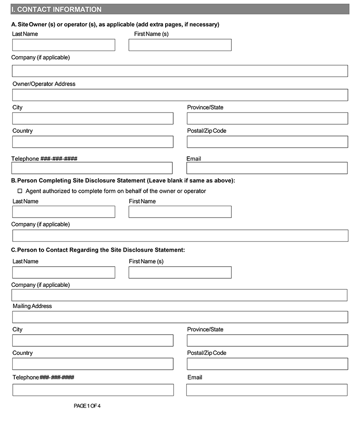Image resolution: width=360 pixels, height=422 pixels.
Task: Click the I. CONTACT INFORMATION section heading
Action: tap(57, 9)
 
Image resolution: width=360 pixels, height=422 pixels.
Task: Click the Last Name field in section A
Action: tap(63, 45)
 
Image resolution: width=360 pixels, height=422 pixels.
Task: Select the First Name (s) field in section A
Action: tap(180, 45)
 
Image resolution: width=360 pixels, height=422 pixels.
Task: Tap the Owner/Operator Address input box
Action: tap(180, 95)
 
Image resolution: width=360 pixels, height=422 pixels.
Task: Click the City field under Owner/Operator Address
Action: tap(93, 118)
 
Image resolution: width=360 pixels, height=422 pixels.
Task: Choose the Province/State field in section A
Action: tap(267, 118)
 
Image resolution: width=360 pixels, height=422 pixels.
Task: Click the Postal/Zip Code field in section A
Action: tap(267, 142)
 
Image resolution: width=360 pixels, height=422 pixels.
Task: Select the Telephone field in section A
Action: tap(92, 168)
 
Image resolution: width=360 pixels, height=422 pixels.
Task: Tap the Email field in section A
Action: tap(267, 168)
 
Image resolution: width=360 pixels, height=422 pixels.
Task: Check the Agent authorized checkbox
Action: tap(20, 191)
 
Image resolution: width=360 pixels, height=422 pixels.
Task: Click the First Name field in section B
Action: tap(180, 212)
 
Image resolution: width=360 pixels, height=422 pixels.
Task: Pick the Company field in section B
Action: tap(180, 236)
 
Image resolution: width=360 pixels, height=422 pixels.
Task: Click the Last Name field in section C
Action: tap(63, 272)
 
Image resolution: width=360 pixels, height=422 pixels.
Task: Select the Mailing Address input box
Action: tap(180, 317)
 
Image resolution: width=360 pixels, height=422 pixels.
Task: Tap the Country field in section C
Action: tap(93, 364)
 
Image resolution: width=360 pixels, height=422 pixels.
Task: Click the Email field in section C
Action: tap(267, 390)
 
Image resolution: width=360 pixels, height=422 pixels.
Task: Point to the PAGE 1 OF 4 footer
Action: tap(87, 406)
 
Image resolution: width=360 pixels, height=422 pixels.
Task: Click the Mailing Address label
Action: tap(32, 306)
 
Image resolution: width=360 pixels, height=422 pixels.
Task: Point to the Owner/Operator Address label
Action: tap(44, 84)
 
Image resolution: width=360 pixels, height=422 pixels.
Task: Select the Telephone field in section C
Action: tap(93, 390)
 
